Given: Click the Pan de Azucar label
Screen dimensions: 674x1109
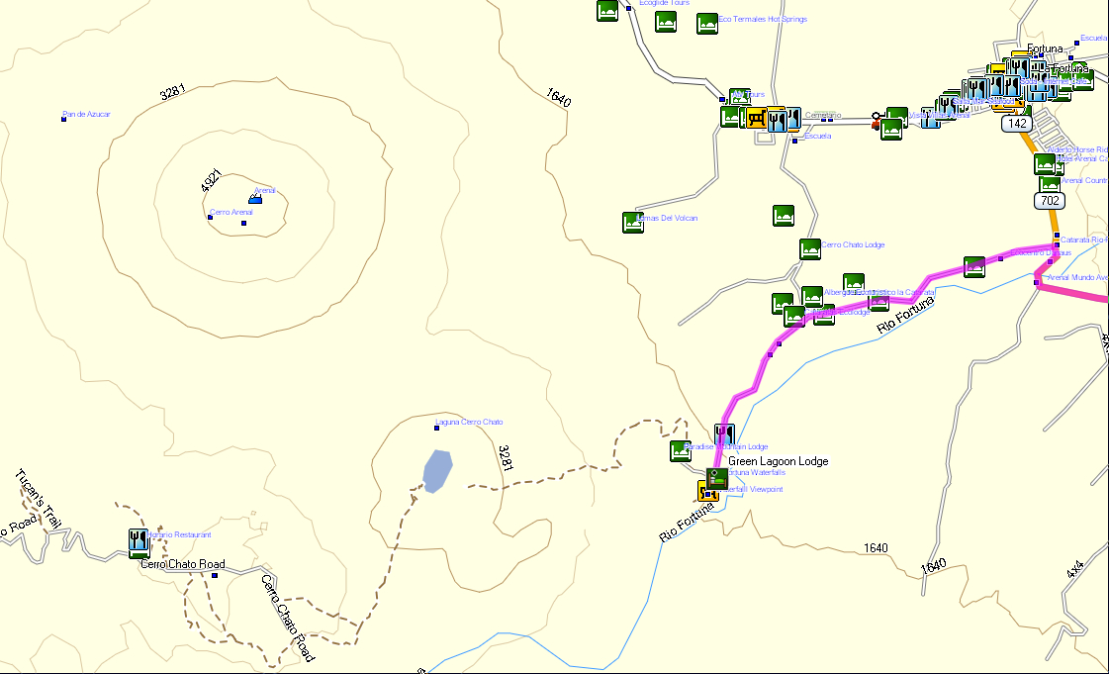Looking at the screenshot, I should coord(87,115).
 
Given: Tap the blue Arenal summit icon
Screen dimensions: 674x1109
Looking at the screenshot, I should coord(255,199).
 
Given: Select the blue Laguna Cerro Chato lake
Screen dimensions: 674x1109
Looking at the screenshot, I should coord(436,470).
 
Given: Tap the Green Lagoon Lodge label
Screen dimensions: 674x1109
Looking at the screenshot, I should coord(778,461).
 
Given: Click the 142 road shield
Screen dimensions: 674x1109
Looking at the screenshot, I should coord(1016,124).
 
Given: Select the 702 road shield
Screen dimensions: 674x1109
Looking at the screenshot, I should coord(1050,201).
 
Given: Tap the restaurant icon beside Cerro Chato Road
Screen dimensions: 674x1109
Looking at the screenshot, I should coord(139,540).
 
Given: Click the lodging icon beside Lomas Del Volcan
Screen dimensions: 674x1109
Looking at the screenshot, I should coord(633,222).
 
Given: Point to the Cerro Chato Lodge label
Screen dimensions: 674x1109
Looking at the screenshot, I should coord(853,244).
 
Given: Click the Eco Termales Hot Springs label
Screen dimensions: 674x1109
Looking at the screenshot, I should coord(763,19).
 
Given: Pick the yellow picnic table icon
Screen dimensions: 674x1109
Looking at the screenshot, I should coord(756,120).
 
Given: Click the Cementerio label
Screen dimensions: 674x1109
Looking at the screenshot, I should coord(822,115).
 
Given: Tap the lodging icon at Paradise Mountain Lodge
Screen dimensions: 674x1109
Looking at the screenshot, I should coord(680,451).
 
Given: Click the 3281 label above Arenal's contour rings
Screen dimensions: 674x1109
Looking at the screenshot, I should coord(172,94).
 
